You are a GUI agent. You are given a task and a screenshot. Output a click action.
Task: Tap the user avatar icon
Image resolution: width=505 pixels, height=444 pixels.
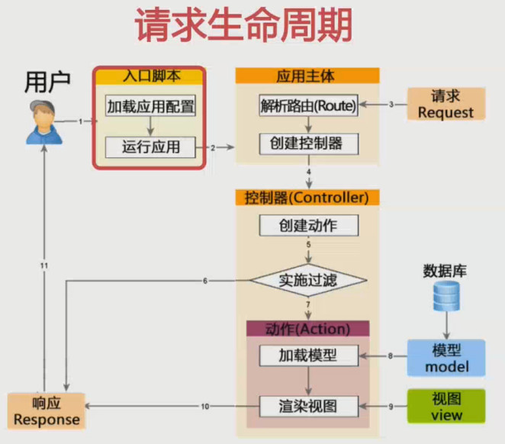click(x=43, y=122)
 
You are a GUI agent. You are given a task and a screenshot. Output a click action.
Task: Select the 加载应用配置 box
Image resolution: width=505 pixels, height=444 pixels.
click(x=150, y=106)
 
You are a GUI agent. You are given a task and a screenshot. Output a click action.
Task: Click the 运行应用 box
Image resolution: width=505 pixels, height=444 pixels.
click(x=150, y=146)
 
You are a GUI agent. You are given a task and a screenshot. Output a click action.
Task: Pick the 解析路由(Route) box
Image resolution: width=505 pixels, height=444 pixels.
click(x=308, y=106)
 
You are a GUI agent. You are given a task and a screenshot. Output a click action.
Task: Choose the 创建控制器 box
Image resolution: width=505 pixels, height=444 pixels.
click(x=308, y=143)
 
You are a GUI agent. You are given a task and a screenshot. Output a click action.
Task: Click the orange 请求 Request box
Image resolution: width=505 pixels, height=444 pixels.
click(x=445, y=104)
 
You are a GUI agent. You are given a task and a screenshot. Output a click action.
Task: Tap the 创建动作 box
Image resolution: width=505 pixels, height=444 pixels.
click(x=308, y=225)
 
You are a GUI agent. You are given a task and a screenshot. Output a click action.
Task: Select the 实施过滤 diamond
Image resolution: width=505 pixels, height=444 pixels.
click(x=308, y=281)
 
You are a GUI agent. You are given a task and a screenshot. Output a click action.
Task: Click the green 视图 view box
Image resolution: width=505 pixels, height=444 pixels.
click(x=447, y=407)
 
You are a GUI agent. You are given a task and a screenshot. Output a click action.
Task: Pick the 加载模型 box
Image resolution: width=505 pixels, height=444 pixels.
click(x=308, y=356)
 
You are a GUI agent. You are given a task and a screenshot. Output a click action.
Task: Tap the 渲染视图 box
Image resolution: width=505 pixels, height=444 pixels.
click(x=308, y=407)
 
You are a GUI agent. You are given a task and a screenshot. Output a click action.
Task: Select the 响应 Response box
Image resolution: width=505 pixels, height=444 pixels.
click(x=46, y=411)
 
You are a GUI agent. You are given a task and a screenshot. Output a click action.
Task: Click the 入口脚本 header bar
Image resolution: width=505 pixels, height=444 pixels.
click(x=150, y=76)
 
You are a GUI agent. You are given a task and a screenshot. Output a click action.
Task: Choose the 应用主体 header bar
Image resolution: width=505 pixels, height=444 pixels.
click(x=307, y=76)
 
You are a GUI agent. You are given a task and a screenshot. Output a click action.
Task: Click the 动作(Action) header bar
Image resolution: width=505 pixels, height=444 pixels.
click(x=307, y=330)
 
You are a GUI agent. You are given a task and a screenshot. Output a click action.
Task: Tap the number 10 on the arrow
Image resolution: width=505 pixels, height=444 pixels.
click(x=205, y=407)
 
